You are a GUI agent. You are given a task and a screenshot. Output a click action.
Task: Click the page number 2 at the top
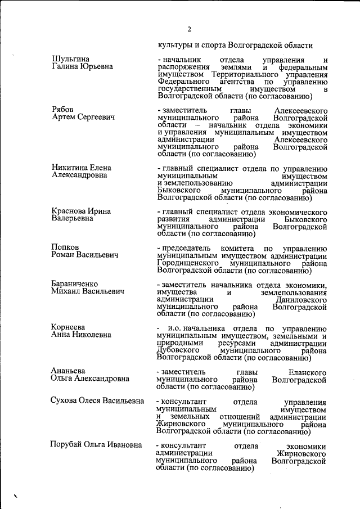point(190,30)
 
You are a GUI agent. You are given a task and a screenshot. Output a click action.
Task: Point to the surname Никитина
point(69,168)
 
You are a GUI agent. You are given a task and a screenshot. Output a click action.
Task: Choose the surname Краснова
point(70,211)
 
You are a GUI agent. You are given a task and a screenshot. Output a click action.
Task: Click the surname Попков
point(65,247)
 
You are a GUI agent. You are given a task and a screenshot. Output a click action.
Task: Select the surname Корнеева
point(68,327)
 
